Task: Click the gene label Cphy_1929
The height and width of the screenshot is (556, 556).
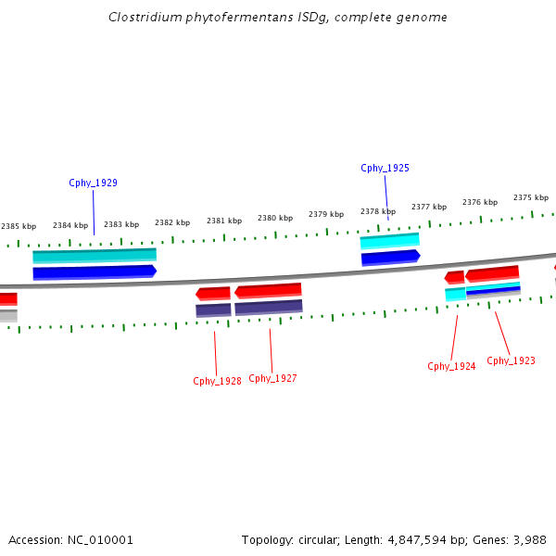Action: pos(93,183)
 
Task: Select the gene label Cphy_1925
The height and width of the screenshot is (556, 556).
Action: pos(385,168)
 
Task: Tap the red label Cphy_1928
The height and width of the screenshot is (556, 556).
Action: pos(217,381)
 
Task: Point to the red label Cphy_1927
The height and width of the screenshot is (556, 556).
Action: pos(272,378)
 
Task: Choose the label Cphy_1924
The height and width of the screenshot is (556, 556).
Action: pos(451,366)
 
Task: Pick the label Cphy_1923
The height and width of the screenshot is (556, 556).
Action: pos(511,360)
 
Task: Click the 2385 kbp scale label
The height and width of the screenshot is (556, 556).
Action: pos(19,226)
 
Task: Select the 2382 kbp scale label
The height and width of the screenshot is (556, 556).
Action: pos(172,222)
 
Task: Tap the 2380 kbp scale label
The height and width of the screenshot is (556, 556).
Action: pos(275,218)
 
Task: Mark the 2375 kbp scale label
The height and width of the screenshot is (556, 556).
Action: pos(531,197)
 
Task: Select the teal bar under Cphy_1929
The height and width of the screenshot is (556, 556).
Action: pos(95,255)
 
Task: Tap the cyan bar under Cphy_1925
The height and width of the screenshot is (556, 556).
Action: pos(389,241)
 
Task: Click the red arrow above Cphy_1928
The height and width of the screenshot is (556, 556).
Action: pos(213,294)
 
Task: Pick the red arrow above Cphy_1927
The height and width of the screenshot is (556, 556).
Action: pos(268,291)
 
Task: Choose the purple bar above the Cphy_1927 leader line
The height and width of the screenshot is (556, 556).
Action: pos(268,307)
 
